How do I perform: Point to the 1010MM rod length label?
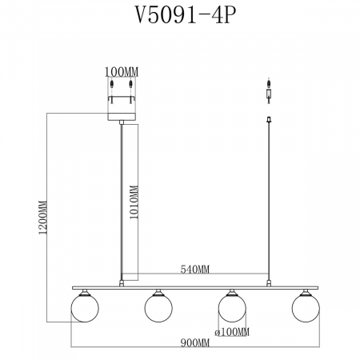pos(134,203)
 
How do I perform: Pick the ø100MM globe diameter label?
pos(232,331)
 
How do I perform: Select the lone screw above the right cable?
pos(267,85)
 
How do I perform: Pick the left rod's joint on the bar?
pos(122,282)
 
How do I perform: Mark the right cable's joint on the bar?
pos(267,282)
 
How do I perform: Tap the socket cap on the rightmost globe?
pos(305,293)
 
